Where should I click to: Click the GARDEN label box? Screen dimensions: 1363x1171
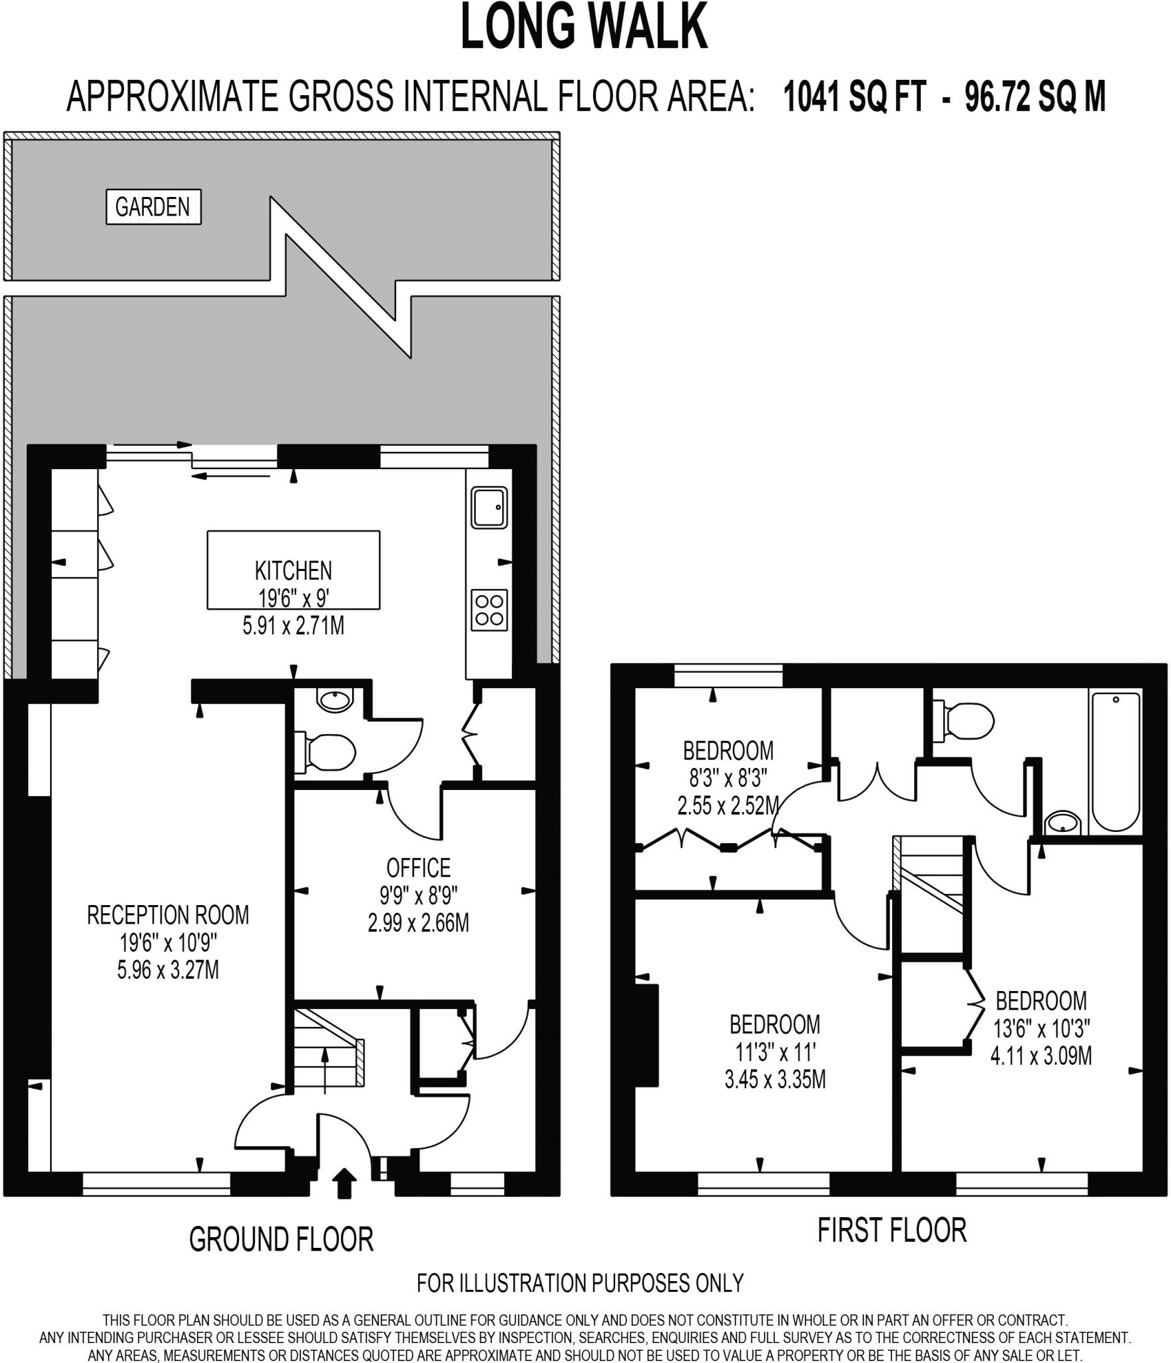pos(153,207)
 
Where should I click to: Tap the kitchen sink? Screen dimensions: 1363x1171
pos(489,507)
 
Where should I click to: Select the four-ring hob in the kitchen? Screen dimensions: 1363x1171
pos(489,610)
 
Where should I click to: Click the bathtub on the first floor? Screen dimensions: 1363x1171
pos(1116,761)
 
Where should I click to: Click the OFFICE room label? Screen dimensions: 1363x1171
pos(418,868)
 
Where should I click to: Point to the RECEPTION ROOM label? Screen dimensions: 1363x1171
pos(168,915)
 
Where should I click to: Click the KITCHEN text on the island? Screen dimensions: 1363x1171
pos(293,570)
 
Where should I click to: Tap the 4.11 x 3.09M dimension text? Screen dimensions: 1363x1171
pos(1041,1056)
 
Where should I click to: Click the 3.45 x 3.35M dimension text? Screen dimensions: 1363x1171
pos(775,1079)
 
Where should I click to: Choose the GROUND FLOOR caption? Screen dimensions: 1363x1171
pos(281,1239)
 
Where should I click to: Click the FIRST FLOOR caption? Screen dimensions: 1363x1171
pos(891,1230)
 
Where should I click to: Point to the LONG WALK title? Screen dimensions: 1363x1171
pos(584,27)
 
